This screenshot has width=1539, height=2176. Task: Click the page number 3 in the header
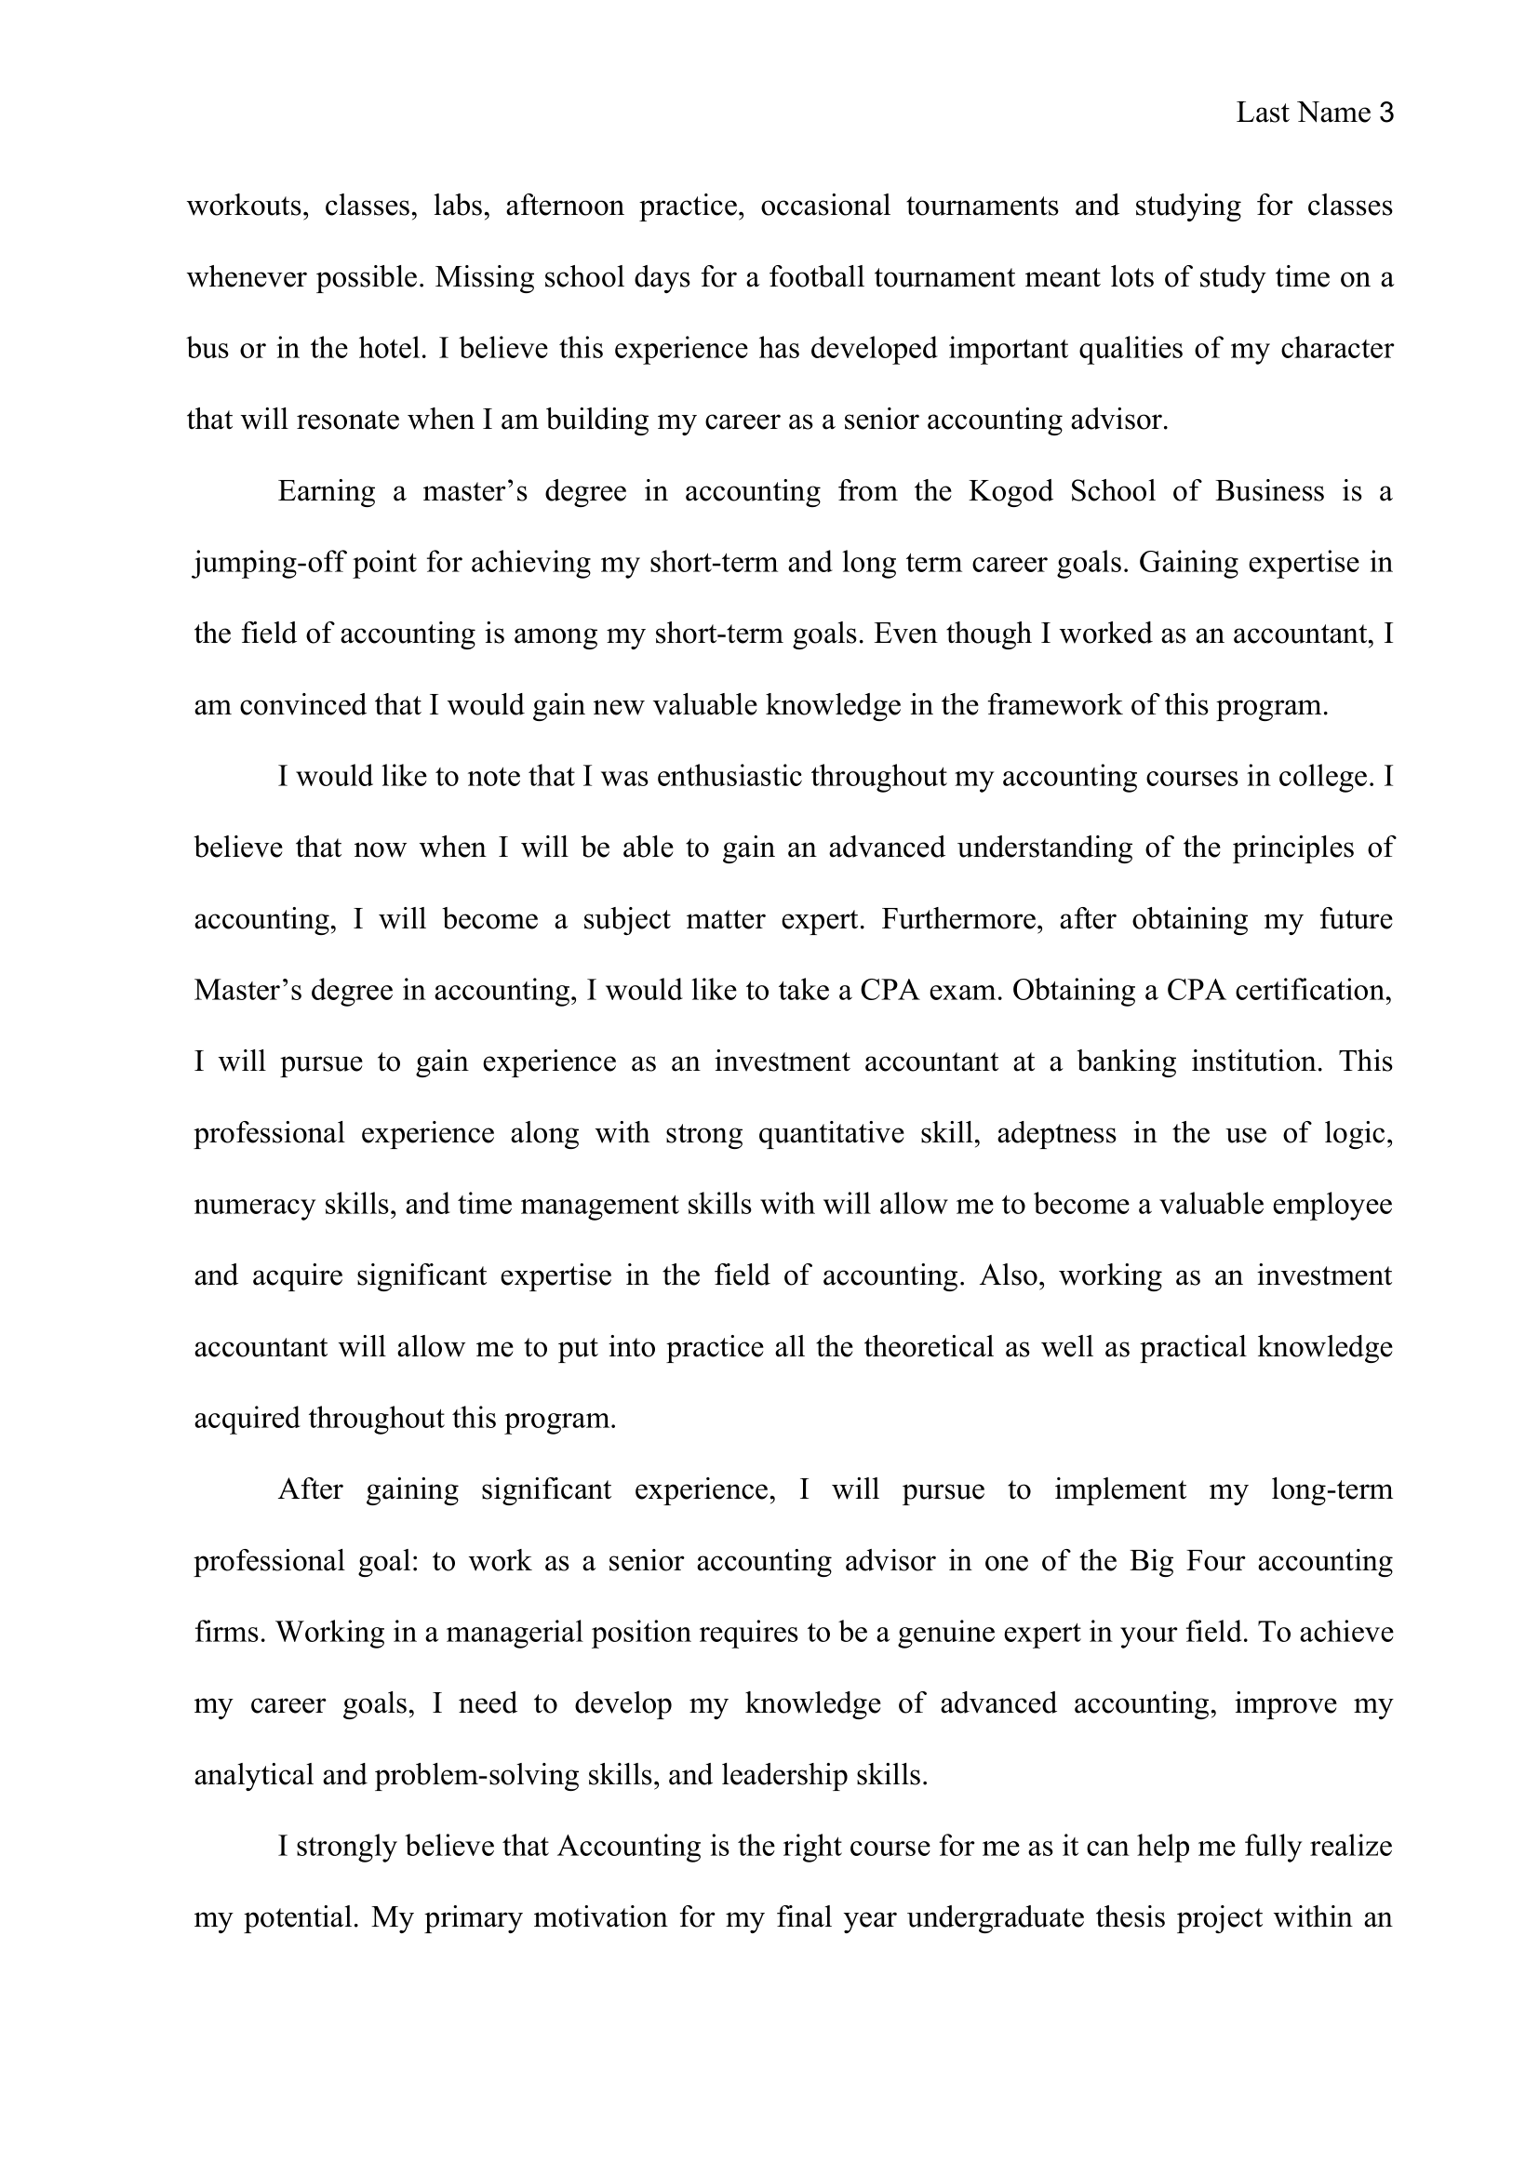coord(1386,113)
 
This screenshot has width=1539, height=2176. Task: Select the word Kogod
coord(1010,491)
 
